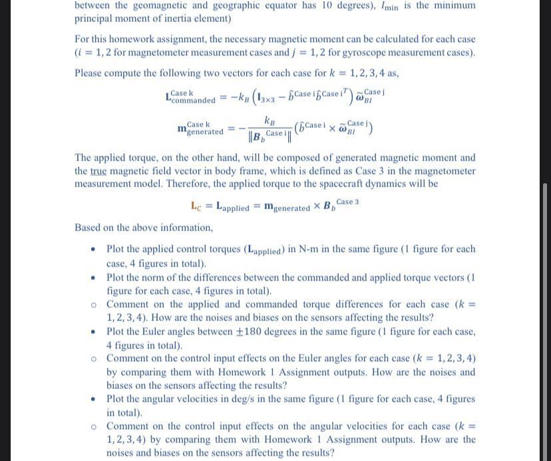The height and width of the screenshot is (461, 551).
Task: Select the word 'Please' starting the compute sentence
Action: click(x=90, y=73)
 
